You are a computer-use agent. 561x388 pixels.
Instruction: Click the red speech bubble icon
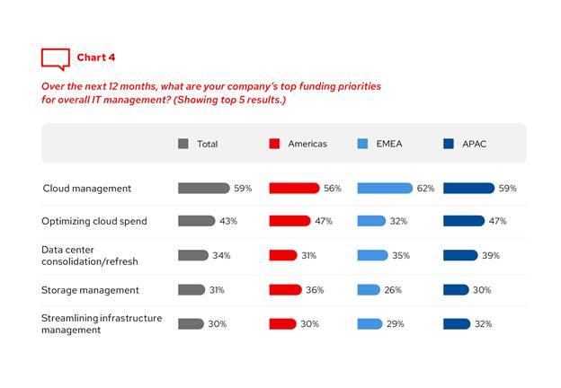(55, 58)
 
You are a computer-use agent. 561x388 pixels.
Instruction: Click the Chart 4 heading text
(96, 57)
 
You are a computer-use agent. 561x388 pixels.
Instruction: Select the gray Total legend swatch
(183, 144)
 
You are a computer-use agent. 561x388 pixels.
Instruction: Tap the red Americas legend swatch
(274, 144)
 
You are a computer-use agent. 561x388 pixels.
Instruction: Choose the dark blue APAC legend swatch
(448, 144)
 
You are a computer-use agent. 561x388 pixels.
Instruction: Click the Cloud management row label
(87, 189)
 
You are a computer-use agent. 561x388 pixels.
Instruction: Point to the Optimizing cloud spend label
(94, 221)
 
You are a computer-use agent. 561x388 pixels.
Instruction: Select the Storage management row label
(91, 290)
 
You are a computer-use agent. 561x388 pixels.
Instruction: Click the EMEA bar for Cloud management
(385, 189)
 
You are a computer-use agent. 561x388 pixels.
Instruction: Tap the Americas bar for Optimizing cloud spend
(289, 221)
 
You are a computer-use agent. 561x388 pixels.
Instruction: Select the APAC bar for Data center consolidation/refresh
(460, 255)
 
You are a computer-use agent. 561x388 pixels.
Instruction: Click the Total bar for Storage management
(191, 290)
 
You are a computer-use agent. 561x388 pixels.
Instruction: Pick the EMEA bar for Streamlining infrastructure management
(370, 324)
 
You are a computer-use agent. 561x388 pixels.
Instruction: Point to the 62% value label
(426, 189)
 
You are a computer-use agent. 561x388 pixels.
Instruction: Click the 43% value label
(228, 221)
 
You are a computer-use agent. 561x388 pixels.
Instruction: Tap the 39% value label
(491, 256)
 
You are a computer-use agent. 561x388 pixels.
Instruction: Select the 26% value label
(394, 290)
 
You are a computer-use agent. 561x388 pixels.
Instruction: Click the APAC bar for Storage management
(456, 290)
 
